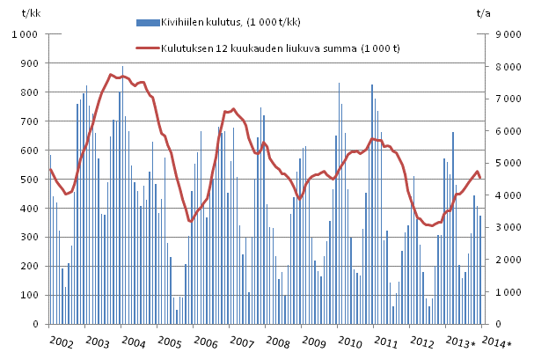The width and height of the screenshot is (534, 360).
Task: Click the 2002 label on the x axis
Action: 60,342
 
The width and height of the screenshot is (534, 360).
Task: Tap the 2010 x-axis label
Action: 350,342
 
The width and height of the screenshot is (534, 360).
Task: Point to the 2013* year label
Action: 460,342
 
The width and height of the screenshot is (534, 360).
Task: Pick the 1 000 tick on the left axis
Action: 25,34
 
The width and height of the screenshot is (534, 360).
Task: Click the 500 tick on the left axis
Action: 31,180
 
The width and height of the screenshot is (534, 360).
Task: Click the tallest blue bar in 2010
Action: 339,84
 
